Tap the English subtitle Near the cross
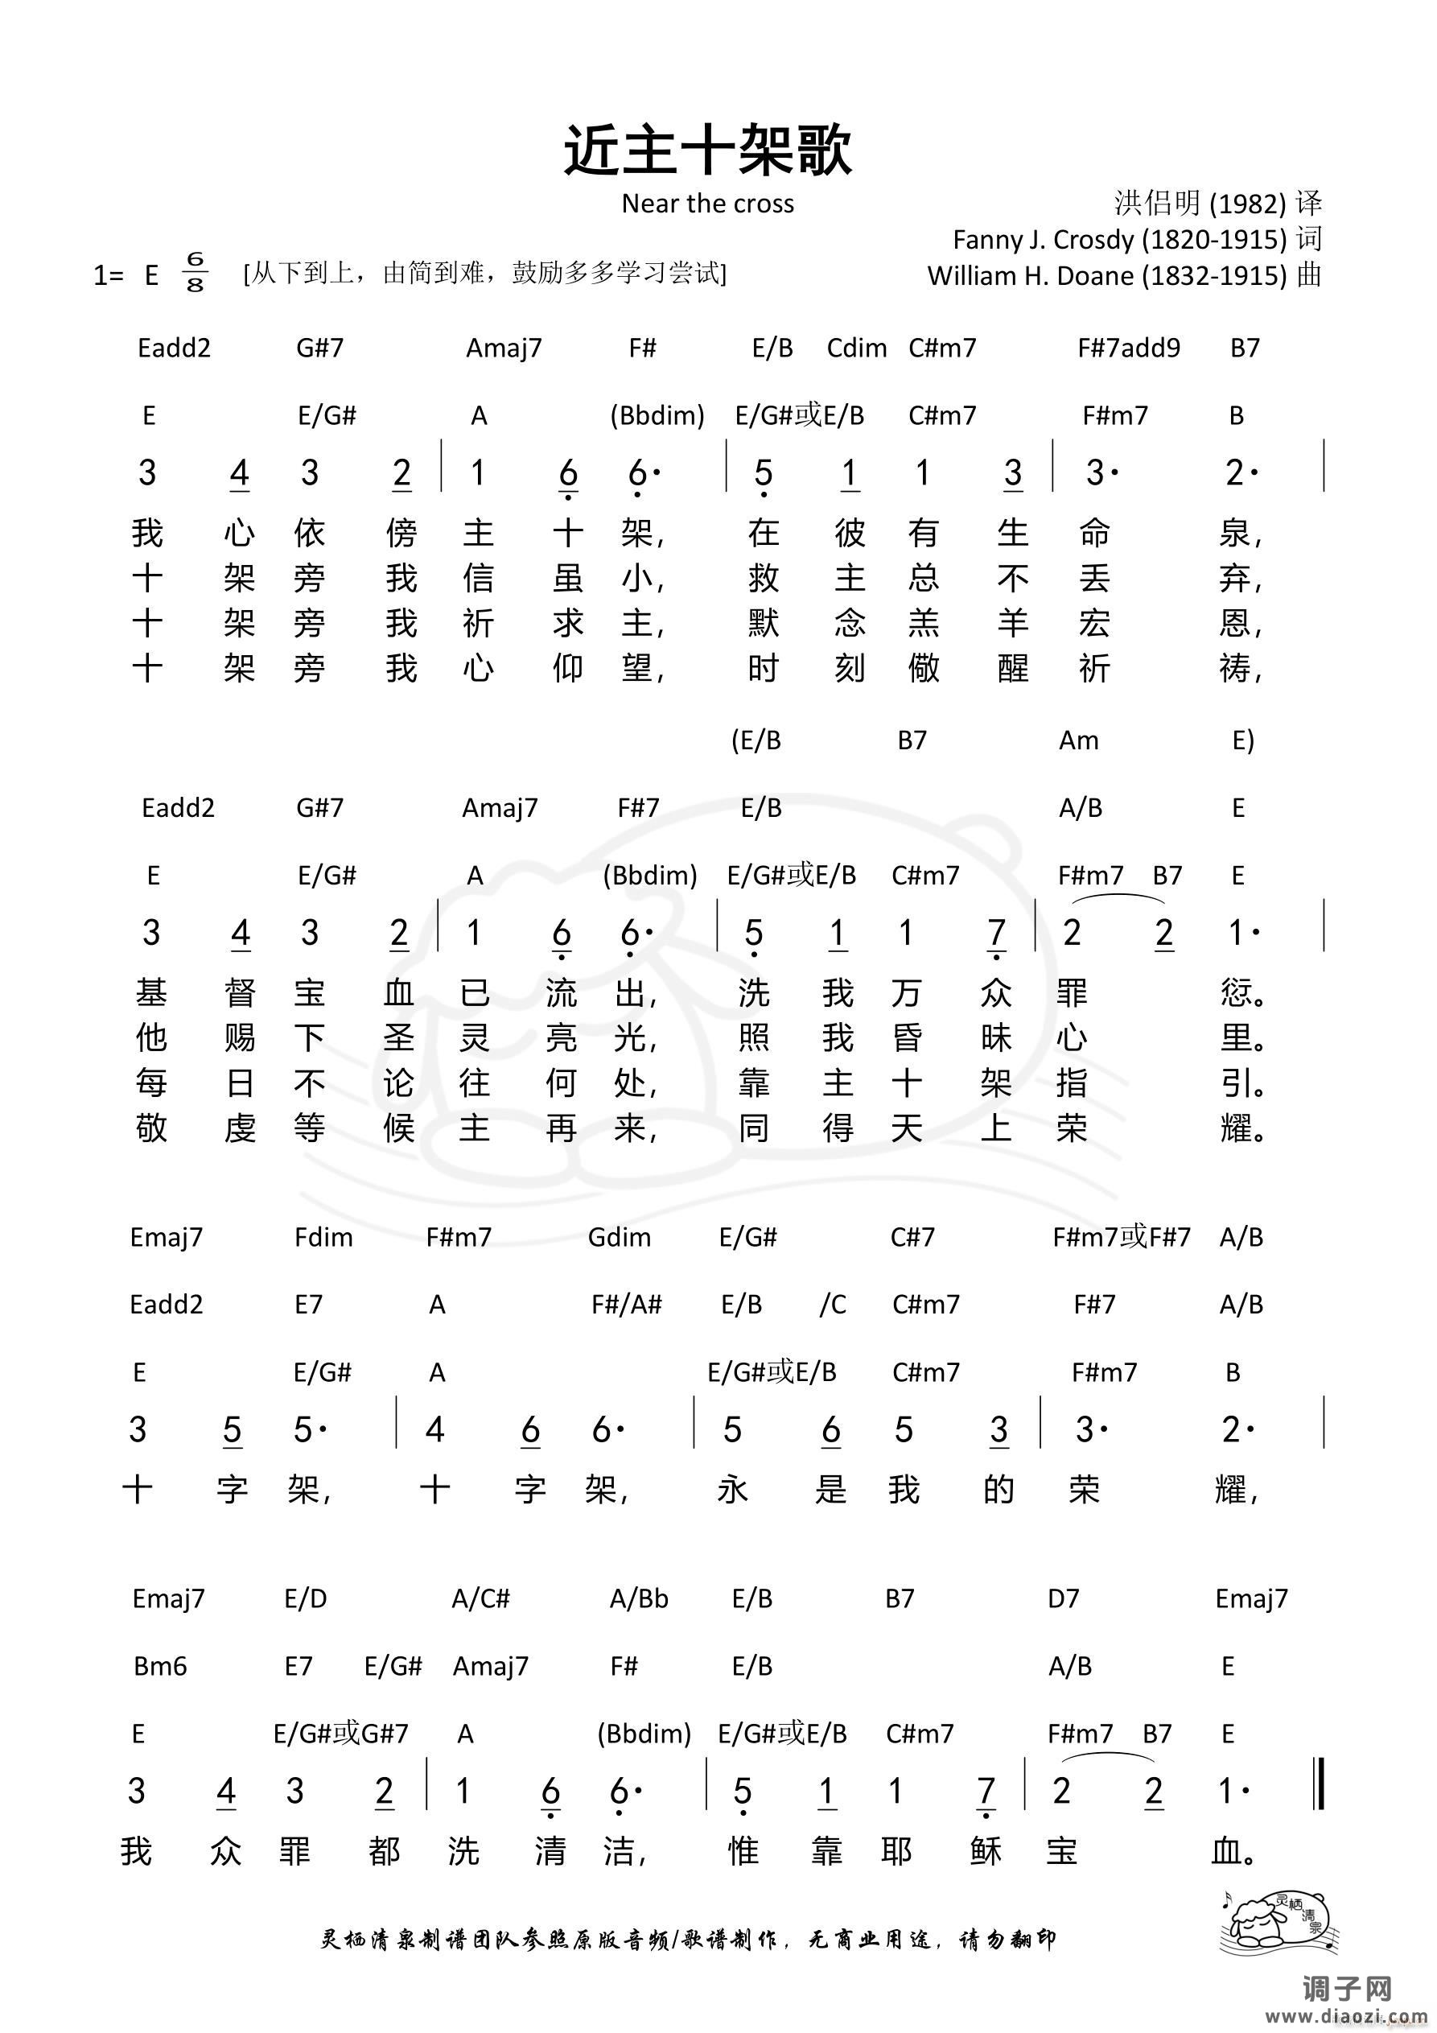pyautogui.click(x=707, y=204)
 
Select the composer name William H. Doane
pyautogui.click(x=1107, y=275)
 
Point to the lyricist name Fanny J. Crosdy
pyautogui.click(x=1119, y=239)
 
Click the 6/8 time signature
pyautogui.click(x=195, y=272)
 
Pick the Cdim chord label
pyautogui.click(x=856, y=348)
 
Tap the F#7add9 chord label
pyautogui.click(x=1128, y=348)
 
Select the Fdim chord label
pyautogui.click(x=323, y=1237)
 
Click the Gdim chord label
pyautogui.click(x=619, y=1237)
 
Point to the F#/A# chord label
pyautogui.click(x=627, y=1305)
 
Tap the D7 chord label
pyautogui.click(x=1064, y=1598)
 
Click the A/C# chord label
pyautogui.click(x=481, y=1598)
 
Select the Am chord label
pyautogui.click(x=1078, y=740)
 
